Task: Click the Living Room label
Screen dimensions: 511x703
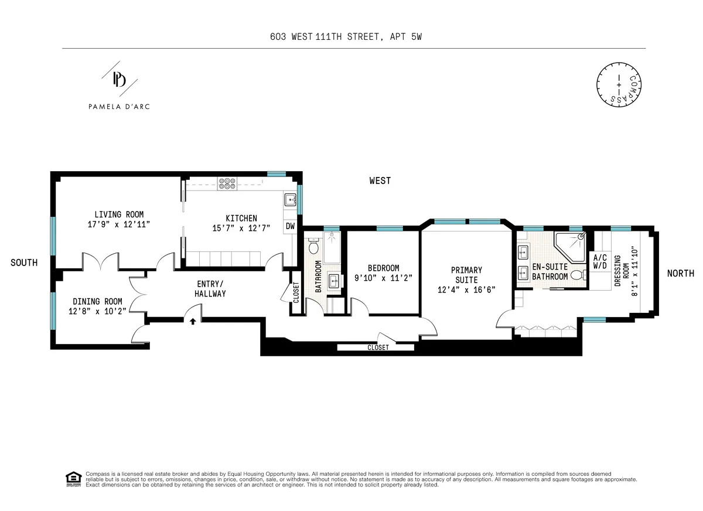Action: pos(119,214)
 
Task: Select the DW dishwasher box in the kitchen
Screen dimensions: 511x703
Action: pos(290,226)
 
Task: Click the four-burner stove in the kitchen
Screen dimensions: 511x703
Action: pos(226,183)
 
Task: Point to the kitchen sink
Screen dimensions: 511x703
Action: pos(290,200)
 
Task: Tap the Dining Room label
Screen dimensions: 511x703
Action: pos(98,301)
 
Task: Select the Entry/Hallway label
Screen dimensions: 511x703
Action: pos(210,289)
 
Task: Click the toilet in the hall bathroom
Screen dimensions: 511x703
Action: pos(313,247)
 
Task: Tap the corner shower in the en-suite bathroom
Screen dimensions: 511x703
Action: pos(572,246)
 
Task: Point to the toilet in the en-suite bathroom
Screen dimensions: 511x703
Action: pos(577,275)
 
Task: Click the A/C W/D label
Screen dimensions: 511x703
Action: pos(600,262)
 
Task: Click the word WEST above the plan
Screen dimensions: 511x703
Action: pos(380,180)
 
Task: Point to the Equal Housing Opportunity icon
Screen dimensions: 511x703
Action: pos(73,478)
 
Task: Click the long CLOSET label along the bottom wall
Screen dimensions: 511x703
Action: pos(378,347)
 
